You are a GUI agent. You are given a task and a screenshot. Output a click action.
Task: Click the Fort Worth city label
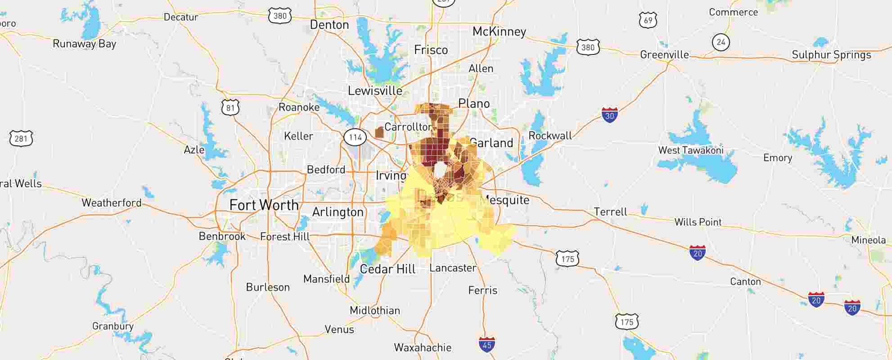[x=264, y=205]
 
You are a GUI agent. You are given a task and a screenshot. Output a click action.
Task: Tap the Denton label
[x=329, y=25]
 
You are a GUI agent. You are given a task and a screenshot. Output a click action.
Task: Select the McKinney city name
[x=499, y=31]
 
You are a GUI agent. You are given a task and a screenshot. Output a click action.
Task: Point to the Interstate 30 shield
[x=609, y=115]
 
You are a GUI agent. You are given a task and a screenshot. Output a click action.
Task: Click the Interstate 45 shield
[x=487, y=345]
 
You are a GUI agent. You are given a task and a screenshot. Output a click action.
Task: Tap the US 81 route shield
[x=230, y=108]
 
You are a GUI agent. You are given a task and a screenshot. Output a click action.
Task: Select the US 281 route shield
[x=21, y=138]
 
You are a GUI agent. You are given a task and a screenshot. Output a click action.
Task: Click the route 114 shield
[x=356, y=137]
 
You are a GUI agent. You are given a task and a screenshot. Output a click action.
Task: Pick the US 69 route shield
[x=648, y=20]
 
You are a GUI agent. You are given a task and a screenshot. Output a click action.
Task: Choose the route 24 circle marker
[x=721, y=42]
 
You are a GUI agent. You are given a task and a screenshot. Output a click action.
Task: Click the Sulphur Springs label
[x=831, y=55]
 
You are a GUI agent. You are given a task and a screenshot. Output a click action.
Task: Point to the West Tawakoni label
[x=691, y=150]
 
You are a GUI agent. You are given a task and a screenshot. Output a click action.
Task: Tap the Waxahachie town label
[x=423, y=347]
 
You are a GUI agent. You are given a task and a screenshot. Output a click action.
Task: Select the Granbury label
[x=113, y=326]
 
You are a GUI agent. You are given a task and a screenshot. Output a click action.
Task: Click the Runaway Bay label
[x=85, y=44]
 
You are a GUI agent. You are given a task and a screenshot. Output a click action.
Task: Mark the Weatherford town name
[x=112, y=203]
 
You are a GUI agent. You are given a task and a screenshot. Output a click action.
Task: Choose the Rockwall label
[x=550, y=135]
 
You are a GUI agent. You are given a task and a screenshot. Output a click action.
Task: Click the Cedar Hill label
[x=387, y=269]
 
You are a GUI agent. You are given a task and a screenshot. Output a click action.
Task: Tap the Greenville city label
[x=664, y=55]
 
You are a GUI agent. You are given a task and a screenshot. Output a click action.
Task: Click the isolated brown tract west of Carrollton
[x=379, y=132]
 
